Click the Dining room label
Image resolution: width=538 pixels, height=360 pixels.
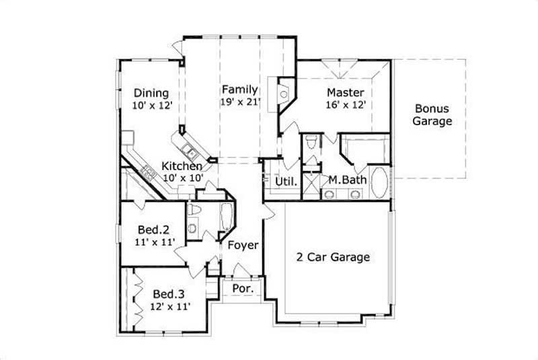point(151,94)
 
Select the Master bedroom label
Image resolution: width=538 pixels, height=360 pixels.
point(346,92)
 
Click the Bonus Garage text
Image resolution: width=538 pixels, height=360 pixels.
point(432,115)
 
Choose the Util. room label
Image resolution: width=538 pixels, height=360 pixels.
point(285,181)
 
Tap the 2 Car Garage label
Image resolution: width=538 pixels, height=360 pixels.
point(333,256)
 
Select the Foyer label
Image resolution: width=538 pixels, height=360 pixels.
point(242,246)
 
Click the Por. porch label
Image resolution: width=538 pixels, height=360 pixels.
point(241,288)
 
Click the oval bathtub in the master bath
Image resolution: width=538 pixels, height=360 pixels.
point(378,183)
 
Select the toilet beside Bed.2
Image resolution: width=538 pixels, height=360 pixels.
point(194,213)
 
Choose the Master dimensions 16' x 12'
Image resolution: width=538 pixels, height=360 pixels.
point(346,105)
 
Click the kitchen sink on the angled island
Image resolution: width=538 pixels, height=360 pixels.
point(189,149)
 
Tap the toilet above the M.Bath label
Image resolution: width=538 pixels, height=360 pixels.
point(311,143)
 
